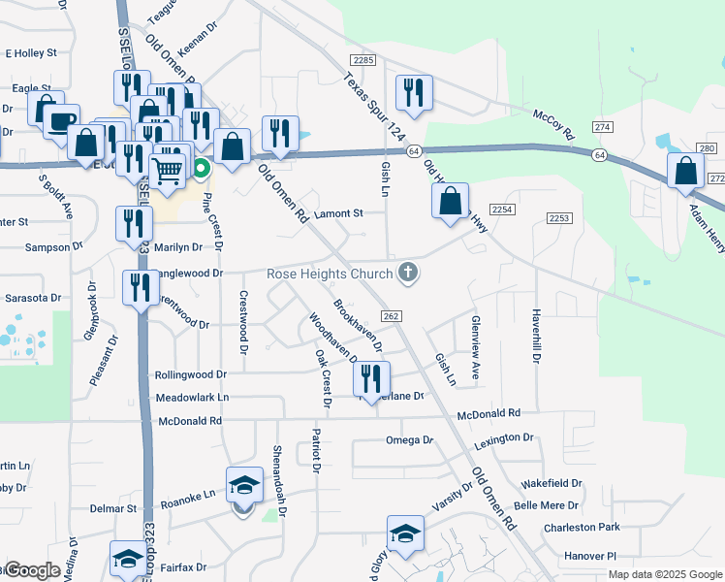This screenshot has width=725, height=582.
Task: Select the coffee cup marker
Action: pyautogui.click(x=61, y=122)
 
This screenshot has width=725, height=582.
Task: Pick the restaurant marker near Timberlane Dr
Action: pyautogui.click(x=372, y=379)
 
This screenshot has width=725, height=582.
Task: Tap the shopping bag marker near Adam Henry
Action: pyautogui.click(x=685, y=171)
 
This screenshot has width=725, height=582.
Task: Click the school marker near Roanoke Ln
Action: pyautogui.click(x=244, y=485)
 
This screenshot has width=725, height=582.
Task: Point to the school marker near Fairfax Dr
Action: pyautogui.click(x=127, y=558)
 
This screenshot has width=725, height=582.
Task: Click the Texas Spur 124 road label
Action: pyautogui.click(x=373, y=96)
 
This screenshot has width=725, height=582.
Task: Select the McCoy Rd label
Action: pyautogui.click(x=553, y=121)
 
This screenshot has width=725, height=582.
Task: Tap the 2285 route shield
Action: pyautogui.click(x=363, y=60)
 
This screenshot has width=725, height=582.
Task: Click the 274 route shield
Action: pyautogui.click(x=603, y=127)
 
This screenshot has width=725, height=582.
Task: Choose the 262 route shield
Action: pyautogui.click(x=391, y=316)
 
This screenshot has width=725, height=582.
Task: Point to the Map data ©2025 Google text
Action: pyautogui.click(x=664, y=574)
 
